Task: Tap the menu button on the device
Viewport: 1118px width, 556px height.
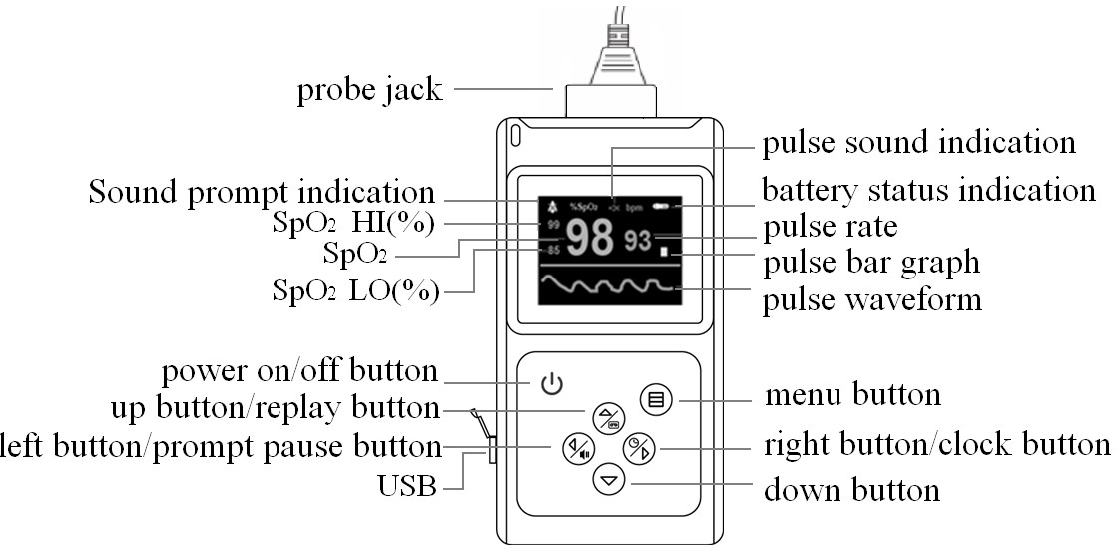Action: [656, 401]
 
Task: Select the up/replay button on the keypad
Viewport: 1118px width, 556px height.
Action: [607, 417]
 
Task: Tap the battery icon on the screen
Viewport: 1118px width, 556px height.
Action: [663, 207]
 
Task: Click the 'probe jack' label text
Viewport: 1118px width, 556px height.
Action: [369, 90]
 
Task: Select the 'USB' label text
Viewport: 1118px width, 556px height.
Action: [406, 488]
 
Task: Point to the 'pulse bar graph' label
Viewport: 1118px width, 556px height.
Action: [870, 264]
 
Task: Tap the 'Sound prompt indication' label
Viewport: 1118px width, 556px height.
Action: [262, 192]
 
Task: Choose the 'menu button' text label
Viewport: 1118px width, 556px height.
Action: [852, 395]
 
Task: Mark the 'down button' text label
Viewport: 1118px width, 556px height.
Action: [851, 490]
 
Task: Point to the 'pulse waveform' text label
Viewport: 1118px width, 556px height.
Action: [871, 299]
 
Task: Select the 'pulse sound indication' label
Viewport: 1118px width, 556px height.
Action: [919, 143]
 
